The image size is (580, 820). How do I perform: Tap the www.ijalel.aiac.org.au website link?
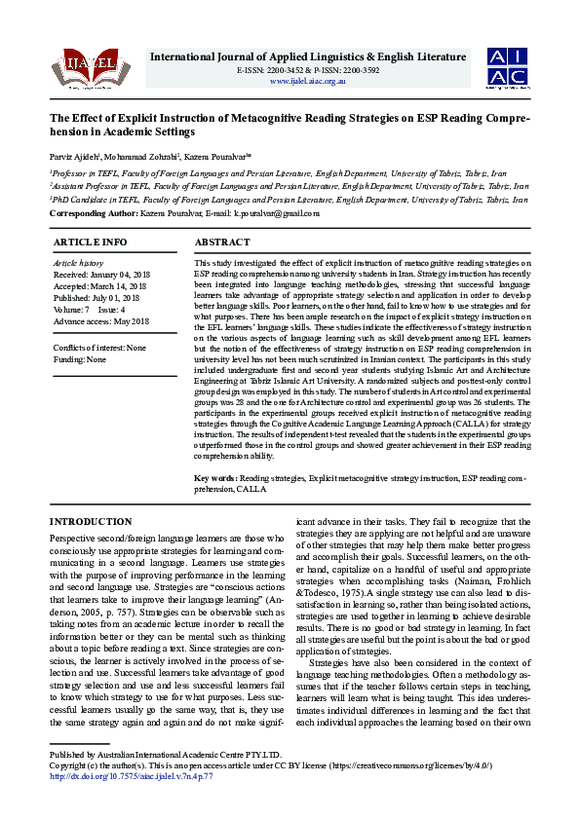pos(307,81)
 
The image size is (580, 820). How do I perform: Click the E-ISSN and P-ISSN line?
pos(308,70)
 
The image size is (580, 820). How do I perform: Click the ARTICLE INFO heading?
pos(90,241)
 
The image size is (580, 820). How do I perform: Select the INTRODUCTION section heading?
pos(91,522)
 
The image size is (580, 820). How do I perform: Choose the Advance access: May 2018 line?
pos(101,321)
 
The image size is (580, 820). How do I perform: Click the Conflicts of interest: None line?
pos(99,348)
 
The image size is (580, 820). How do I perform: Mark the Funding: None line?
pos(80,359)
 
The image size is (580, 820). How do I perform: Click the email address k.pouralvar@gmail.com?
pos(277,213)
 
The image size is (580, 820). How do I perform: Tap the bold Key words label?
pos(215,479)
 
